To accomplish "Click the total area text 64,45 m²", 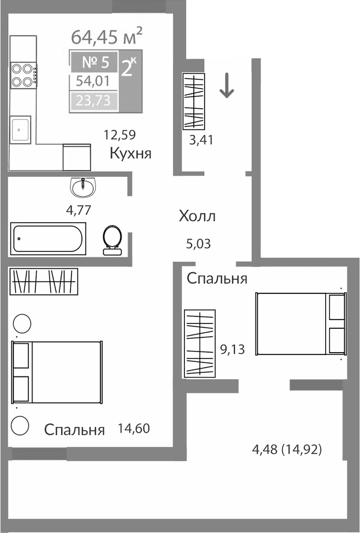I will click(106, 37).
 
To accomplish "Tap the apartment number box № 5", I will click(94, 62).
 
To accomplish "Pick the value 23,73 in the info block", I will click(94, 101).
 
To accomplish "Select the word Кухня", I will click(130, 154).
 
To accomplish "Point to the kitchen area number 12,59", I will click(119, 136).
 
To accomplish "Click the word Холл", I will click(197, 217).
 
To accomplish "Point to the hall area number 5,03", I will click(198, 243).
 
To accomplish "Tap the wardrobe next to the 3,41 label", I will click(195, 101).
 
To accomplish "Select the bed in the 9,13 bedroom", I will click(301, 324).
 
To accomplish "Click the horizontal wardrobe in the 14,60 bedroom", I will click(44, 282).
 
